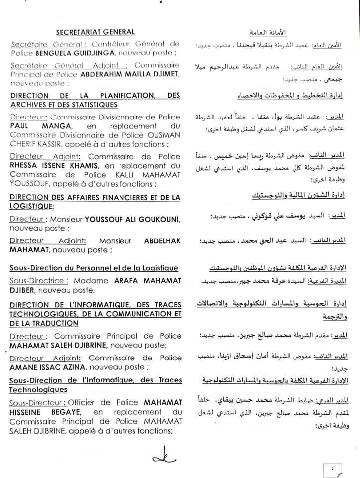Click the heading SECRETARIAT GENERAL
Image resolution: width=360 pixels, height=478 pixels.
(x=95, y=32)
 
